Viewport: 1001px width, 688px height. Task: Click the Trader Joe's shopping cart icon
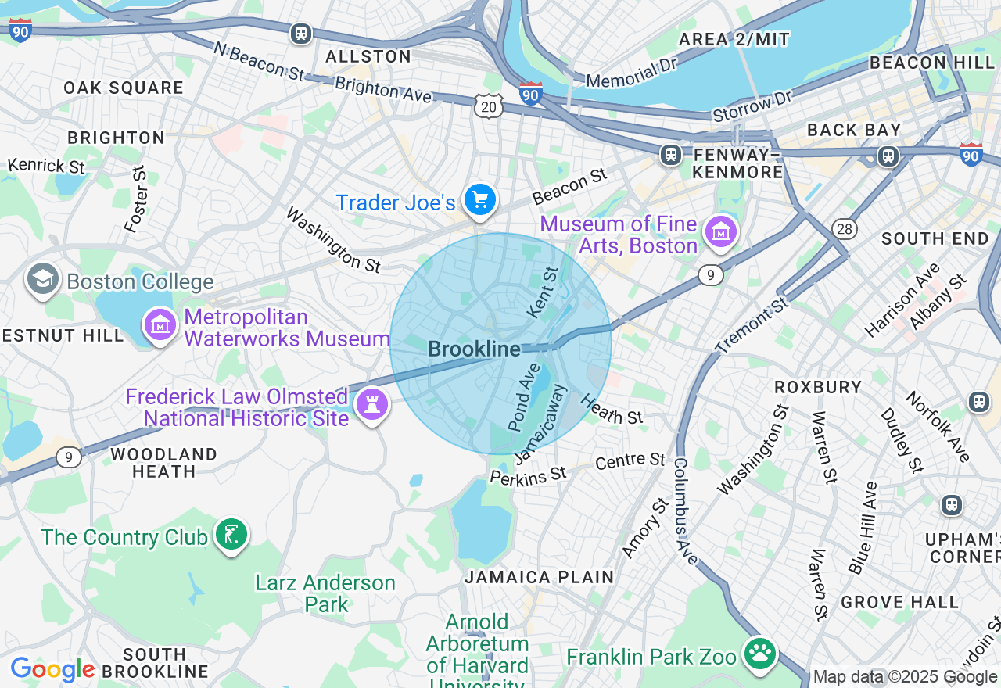[479, 201]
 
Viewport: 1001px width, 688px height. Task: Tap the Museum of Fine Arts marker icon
[720, 232]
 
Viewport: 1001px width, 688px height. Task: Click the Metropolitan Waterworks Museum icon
[160, 326]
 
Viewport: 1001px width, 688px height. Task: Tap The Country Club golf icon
[231, 536]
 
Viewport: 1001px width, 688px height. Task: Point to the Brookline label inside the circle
[475, 349]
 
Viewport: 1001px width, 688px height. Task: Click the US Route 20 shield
[489, 107]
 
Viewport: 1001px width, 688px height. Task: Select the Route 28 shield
[845, 228]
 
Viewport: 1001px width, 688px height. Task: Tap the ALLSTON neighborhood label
[368, 56]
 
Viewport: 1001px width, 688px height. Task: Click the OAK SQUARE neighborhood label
[124, 88]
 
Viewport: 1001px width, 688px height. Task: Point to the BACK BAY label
[854, 130]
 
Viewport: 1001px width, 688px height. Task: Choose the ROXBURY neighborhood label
[818, 387]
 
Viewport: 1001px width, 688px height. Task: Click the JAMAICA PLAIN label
[540, 577]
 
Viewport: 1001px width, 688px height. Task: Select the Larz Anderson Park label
[325, 593]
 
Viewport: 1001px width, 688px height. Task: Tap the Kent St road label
[544, 292]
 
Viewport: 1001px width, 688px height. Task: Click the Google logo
[52, 670]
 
